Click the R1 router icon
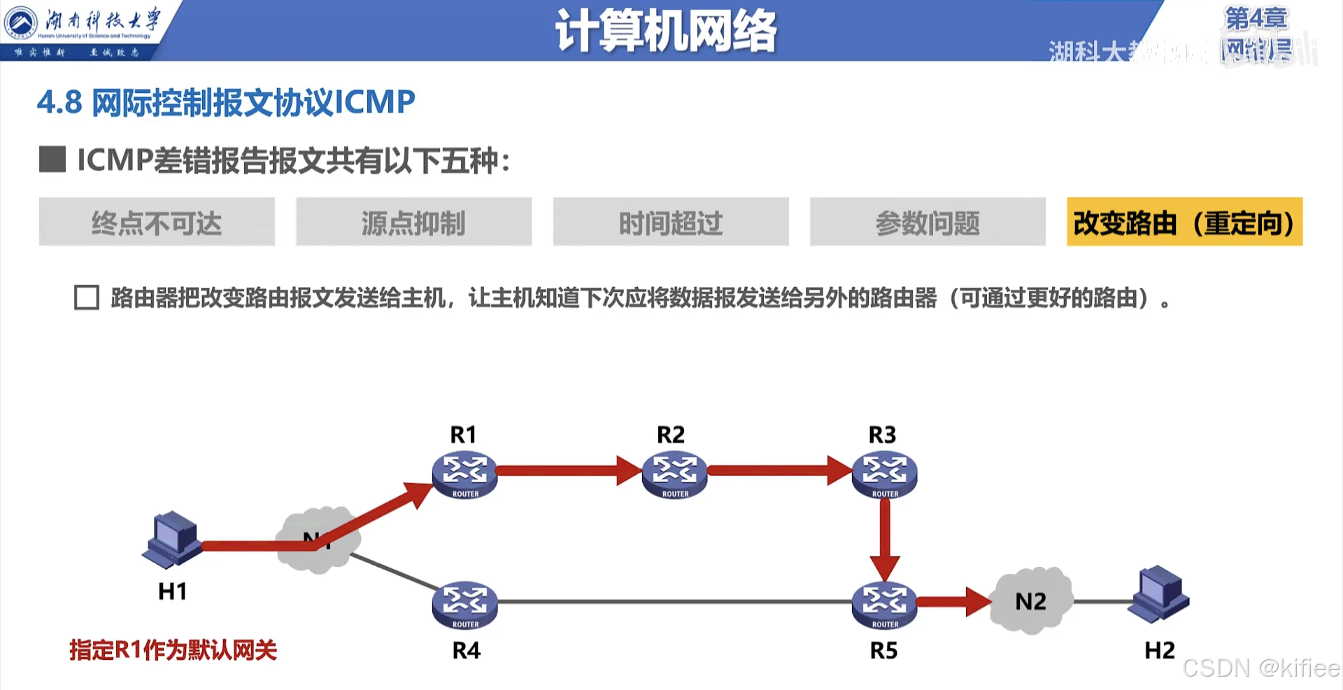coord(464,474)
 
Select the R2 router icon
coord(674,474)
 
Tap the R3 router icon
coord(884,474)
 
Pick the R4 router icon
coord(464,605)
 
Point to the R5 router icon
coord(884,605)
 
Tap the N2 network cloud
coord(1031,600)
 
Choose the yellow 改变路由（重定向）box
coord(1184,222)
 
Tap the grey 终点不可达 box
coord(157,222)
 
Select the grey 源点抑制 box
coord(413,222)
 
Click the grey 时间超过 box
coord(671,222)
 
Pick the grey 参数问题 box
coord(928,222)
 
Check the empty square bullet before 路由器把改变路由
coord(87,297)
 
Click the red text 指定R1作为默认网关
coord(173,650)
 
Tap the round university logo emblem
coord(21,22)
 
